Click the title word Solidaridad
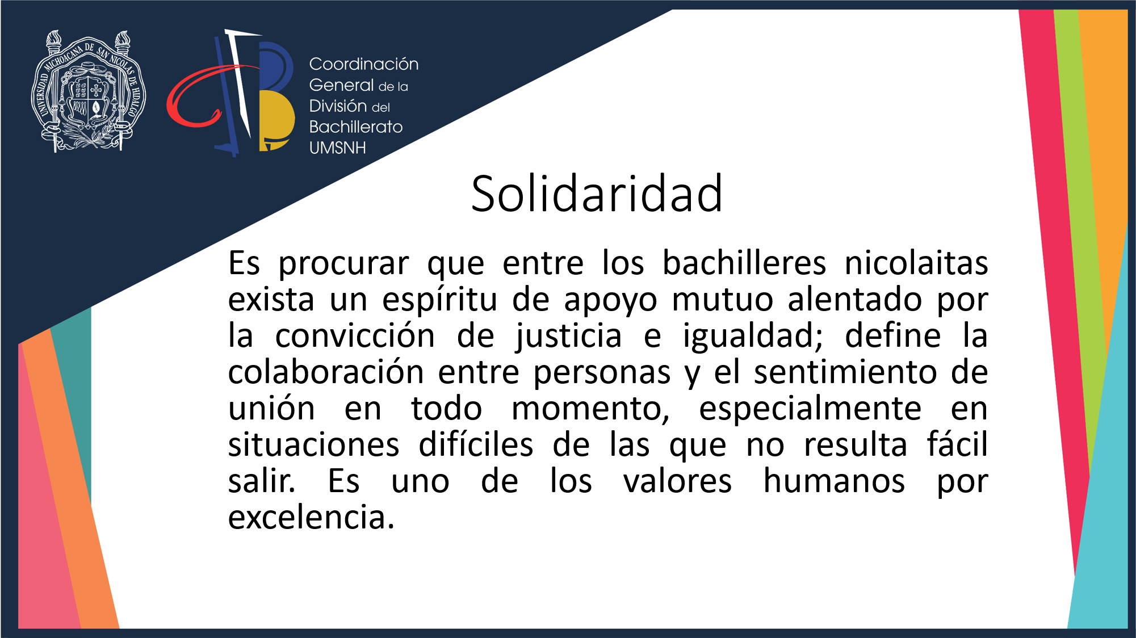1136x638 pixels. (x=597, y=194)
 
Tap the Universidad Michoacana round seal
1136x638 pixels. (x=88, y=91)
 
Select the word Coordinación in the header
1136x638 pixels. (x=364, y=64)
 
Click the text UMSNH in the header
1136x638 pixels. (x=338, y=148)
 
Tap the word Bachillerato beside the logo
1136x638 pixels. (x=356, y=127)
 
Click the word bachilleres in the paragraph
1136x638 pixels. (x=744, y=263)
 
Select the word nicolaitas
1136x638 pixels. (x=916, y=263)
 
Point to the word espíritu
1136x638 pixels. (x=439, y=300)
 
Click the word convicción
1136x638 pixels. (x=355, y=335)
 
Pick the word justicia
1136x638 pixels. (x=569, y=336)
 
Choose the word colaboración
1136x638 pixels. (x=326, y=372)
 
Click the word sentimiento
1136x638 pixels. (x=845, y=372)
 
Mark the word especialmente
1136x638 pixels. (x=810, y=409)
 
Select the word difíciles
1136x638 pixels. (x=476, y=444)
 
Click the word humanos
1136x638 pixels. (x=834, y=481)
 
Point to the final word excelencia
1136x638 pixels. (x=311, y=518)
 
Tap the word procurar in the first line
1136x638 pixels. (x=343, y=264)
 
